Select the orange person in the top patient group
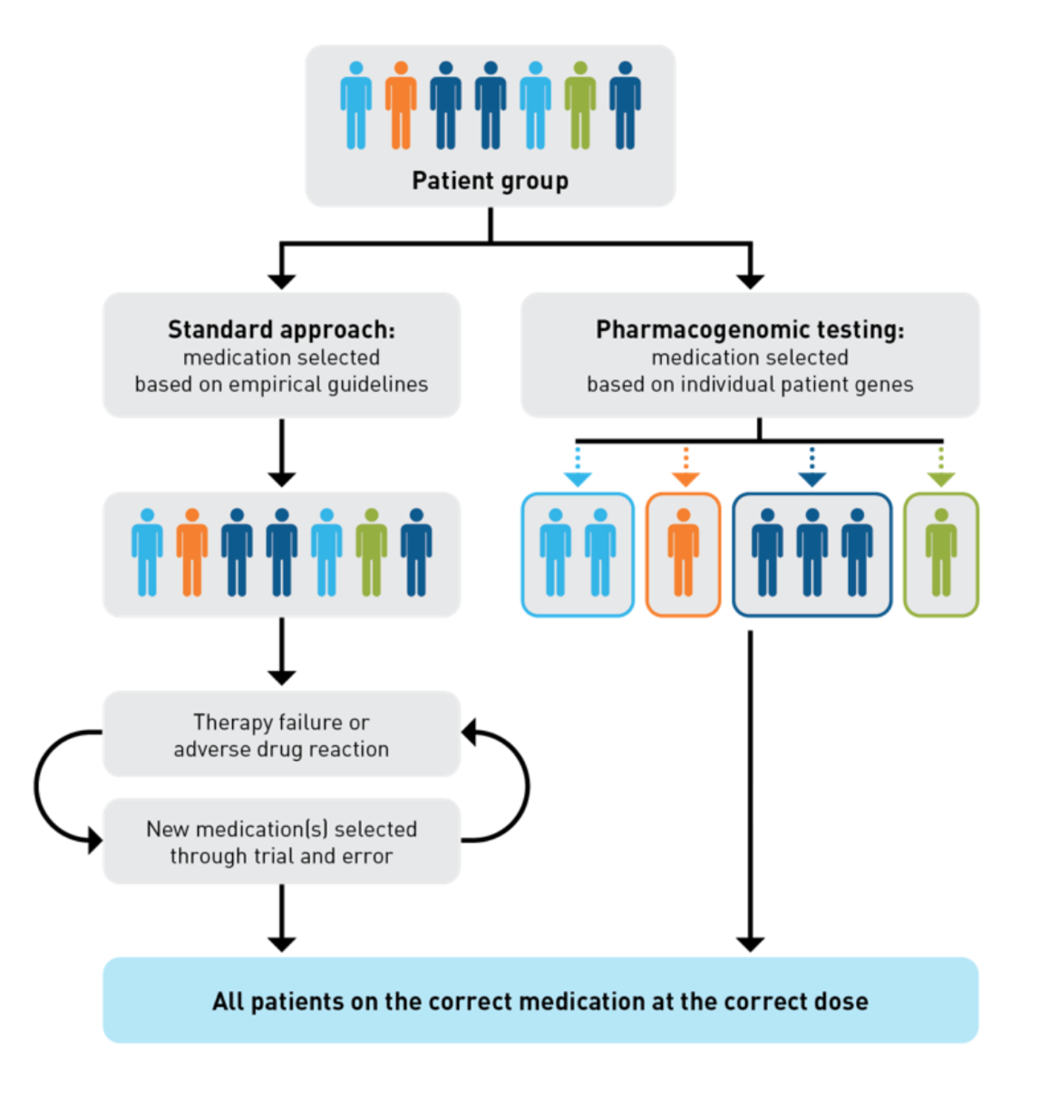click(x=401, y=107)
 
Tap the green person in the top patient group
click(x=581, y=107)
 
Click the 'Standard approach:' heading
click(x=282, y=330)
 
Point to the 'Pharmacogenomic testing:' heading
click(x=749, y=330)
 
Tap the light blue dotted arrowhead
click(x=577, y=479)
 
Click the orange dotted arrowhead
click(x=686, y=479)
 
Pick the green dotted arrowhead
click(x=941, y=479)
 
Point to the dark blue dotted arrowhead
click(x=812, y=479)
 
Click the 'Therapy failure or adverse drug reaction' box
click(x=282, y=735)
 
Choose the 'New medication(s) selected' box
click(x=282, y=841)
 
